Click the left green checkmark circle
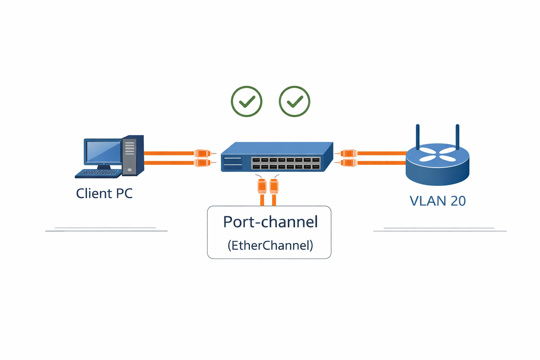click(246, 101)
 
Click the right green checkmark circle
click(294, 101)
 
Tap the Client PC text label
click(104, 193)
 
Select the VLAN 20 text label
click(438, 201)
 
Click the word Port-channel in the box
click(270, 222)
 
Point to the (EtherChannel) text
click(270, 245)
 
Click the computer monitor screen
click(103, 152)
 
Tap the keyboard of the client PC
click(99, 173)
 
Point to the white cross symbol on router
click(438, 154)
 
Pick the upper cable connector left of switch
click(203, 153)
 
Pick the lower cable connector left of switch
click(203, 163)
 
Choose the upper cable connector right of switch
click(348, 153)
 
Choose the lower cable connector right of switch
click(348, 163)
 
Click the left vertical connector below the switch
click(262, 186)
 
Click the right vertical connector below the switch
click(274, 186)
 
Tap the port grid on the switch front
click(286, 163)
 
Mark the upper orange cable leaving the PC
click(169, 153)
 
